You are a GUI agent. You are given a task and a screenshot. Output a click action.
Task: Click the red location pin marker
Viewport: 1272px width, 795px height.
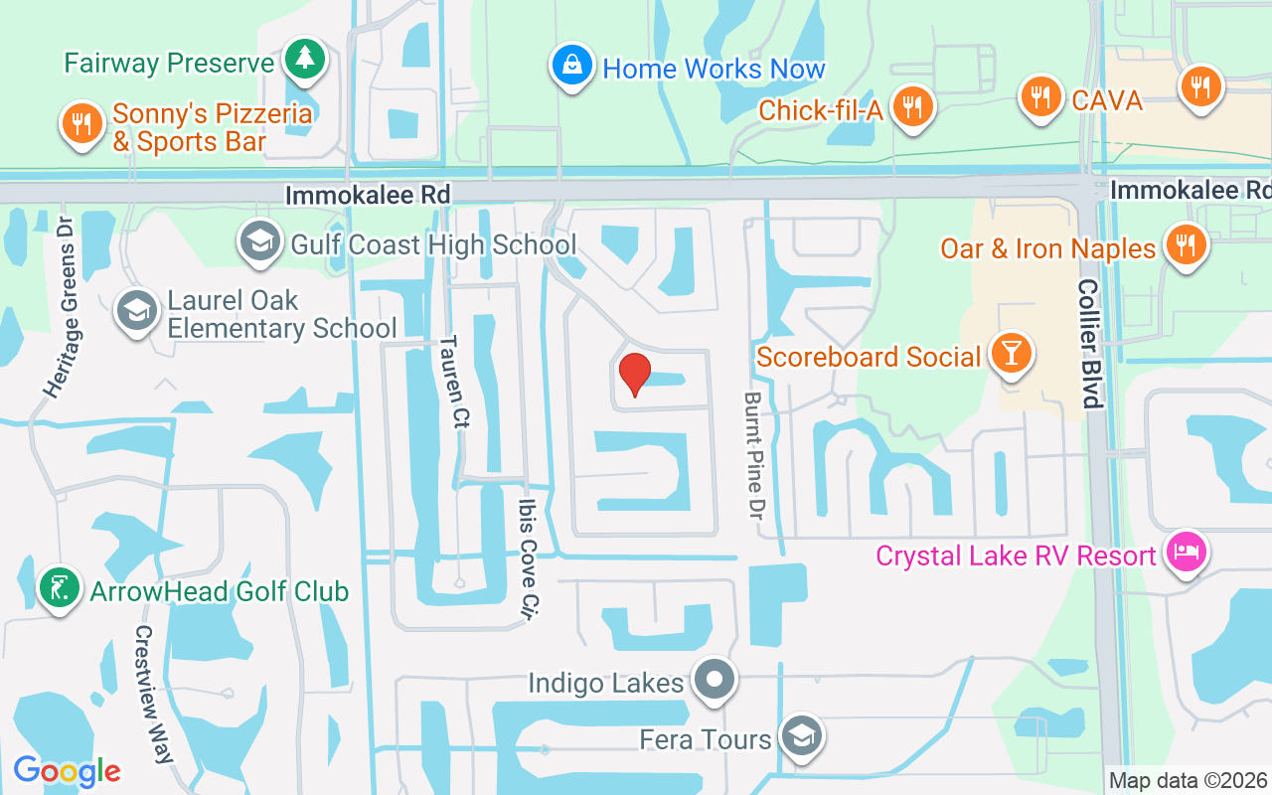tap(634, 375)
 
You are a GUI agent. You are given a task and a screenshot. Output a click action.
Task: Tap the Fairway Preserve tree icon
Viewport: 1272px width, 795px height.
tap(304, 60)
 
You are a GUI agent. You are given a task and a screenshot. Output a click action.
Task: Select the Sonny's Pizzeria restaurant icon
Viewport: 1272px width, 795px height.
tap(81, 123)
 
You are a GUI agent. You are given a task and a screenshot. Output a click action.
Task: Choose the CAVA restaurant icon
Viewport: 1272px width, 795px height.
tap(1039, 96)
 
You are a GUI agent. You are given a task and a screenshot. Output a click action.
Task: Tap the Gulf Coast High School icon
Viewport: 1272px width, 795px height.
tap(260, 241)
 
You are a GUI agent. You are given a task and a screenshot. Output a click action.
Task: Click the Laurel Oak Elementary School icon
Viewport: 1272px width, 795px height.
tap(137, 310)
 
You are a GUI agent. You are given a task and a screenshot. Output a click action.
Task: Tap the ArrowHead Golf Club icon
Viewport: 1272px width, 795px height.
tap(59, 588)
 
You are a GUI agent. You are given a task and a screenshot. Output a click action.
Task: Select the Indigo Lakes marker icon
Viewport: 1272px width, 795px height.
tap(714, 680)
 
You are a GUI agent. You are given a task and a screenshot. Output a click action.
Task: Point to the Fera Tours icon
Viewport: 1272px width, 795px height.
tap(799, 736)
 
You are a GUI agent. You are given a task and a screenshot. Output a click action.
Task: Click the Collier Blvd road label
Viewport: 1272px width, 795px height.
tap(1090, 342)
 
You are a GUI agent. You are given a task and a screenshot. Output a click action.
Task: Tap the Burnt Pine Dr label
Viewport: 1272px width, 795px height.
tap(752, 454)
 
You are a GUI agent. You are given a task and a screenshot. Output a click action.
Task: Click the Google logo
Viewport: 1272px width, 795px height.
tap(68, 771)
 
